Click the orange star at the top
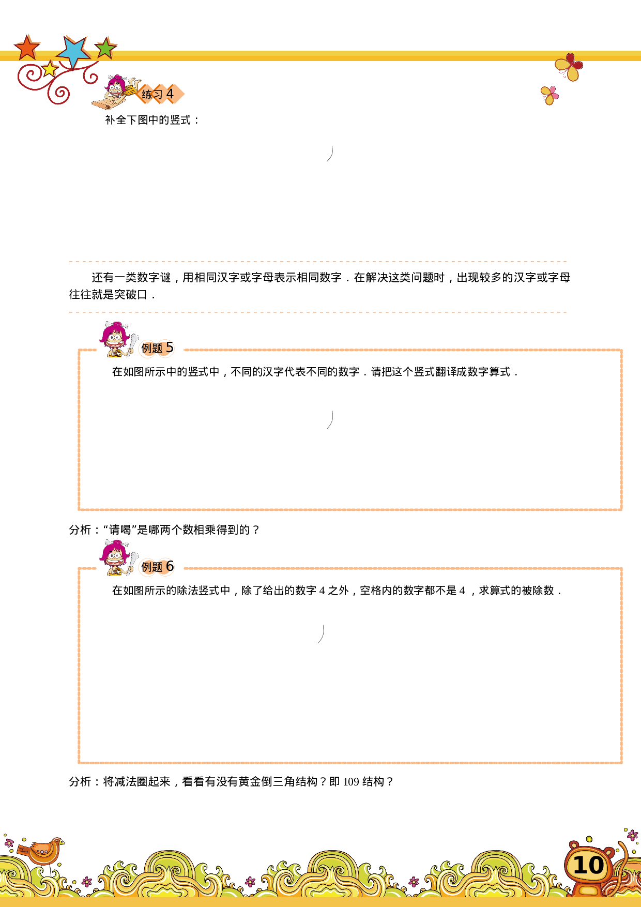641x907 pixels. [27, 48]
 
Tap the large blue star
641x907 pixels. [74, 51]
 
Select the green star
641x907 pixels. [105, 48]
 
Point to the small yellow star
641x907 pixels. [50, 69]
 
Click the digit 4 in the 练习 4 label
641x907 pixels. [170, 94]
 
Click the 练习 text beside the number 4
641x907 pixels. [152, 95]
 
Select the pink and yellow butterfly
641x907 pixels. [550, 95]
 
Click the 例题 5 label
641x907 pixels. [157, 348]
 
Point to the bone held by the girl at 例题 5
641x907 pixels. [133, 343]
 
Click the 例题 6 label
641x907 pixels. [157, 567]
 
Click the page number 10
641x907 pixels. [588, 865]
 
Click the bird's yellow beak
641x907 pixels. [63, 842]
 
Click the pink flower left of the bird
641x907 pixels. [9, 843]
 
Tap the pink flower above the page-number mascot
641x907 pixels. [632, 835]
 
